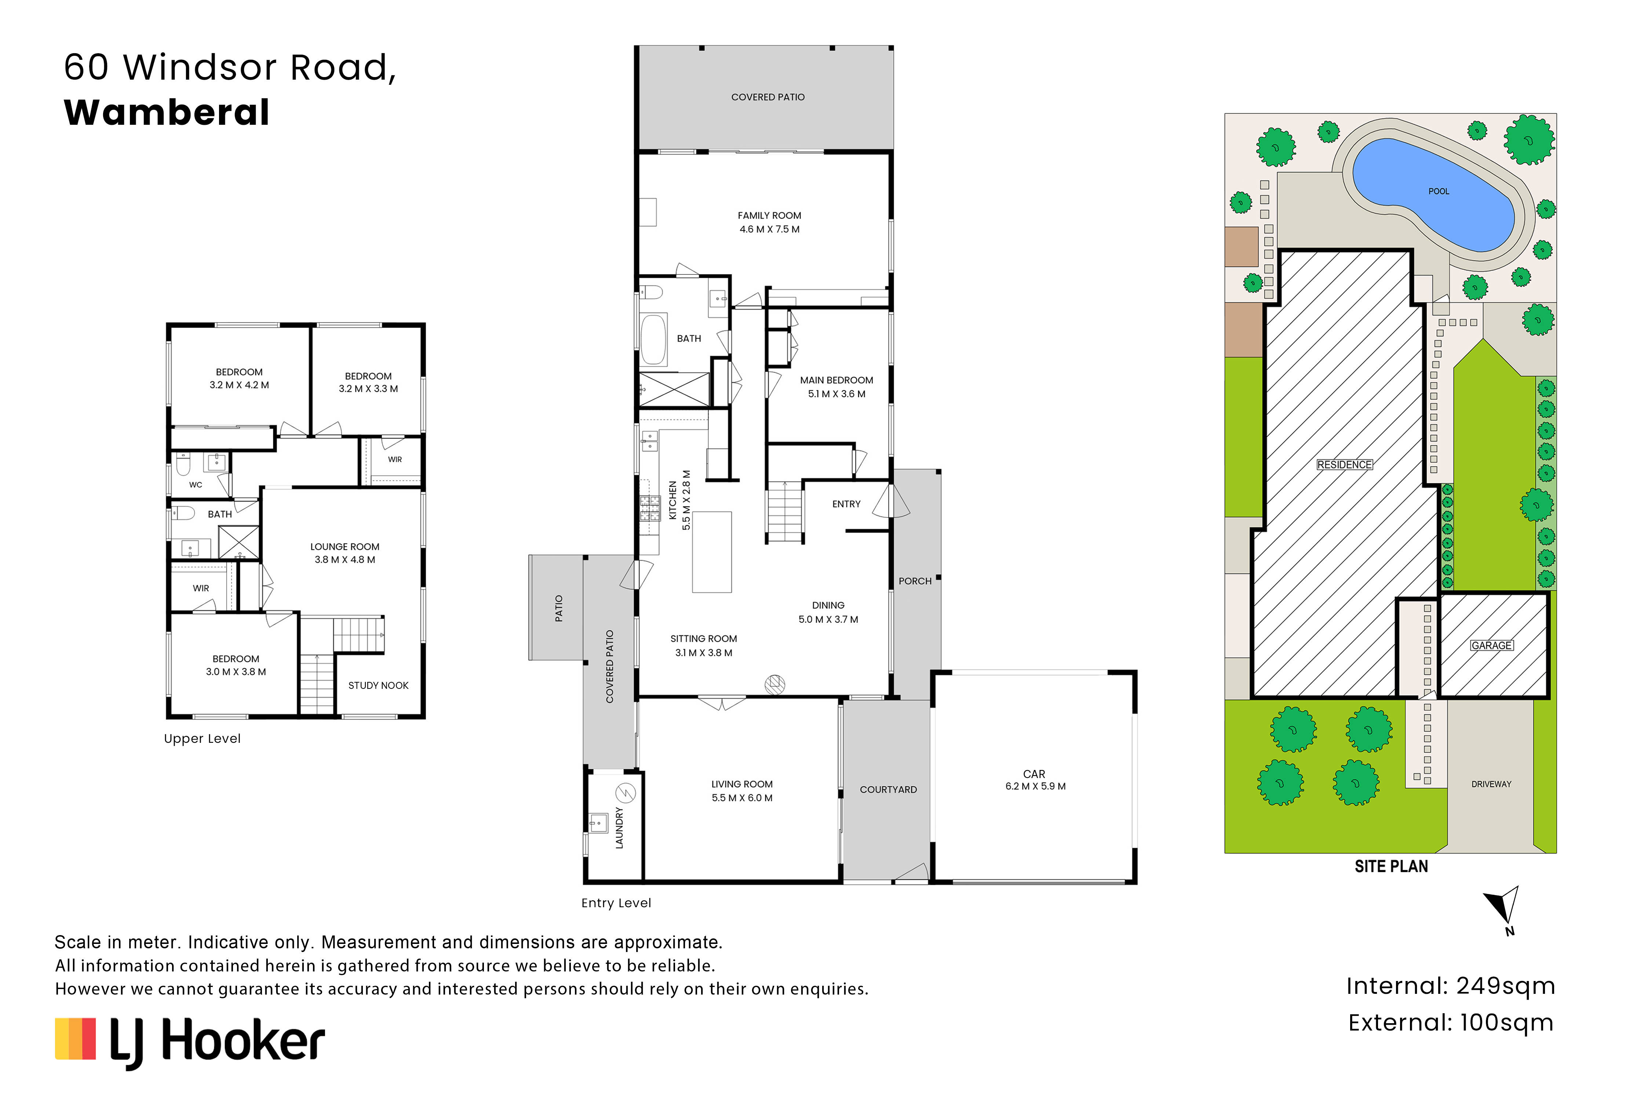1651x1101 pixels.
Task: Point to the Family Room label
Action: tap(769, 215)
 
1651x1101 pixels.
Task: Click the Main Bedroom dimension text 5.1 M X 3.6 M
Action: tap(837, 394)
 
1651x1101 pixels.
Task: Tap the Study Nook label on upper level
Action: tap(378, 685)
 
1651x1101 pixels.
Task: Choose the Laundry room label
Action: tap(619, 828)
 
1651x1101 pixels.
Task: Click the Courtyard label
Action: tap(888, 789)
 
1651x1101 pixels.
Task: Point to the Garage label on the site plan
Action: tap(1492, 645)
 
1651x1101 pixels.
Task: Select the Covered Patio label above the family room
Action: tap(768, 97)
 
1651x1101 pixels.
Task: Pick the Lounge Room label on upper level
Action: tap(345, 546)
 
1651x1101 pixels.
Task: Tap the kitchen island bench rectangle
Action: tap(712, 552)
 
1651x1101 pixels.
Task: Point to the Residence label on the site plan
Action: tap(1344, 465)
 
